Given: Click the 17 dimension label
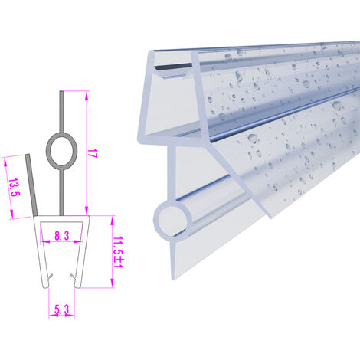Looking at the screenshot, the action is [x=93, y=153].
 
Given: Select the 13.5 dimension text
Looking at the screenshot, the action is [x=14, y=187].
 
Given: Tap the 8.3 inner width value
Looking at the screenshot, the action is [x=62, y=235].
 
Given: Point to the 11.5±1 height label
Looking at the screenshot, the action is [x=119, y=252].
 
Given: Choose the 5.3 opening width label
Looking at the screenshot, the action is [x=62, y=309].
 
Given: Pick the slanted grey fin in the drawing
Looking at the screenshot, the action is [x=31, y=185].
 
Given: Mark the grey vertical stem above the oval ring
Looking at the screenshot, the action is [x=61, y=112].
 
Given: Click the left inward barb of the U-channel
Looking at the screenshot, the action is [x=51, y=276].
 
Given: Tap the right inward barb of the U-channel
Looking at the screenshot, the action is [x=74, y=277].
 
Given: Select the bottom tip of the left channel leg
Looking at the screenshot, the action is [x=46, y=287].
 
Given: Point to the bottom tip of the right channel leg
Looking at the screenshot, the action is [x=77, y=287].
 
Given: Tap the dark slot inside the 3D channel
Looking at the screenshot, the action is [x=174, y=66].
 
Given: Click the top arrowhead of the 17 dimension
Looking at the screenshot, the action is [x=87, y=96].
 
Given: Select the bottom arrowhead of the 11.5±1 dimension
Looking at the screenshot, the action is [x=112, y=283].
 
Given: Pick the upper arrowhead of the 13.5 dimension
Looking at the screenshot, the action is [x=5, y=162].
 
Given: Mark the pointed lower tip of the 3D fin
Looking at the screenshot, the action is [x=271, y=218].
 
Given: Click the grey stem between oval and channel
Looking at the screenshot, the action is [x=61, y=192].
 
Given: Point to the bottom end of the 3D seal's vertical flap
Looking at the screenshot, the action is [x=173, y=278].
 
